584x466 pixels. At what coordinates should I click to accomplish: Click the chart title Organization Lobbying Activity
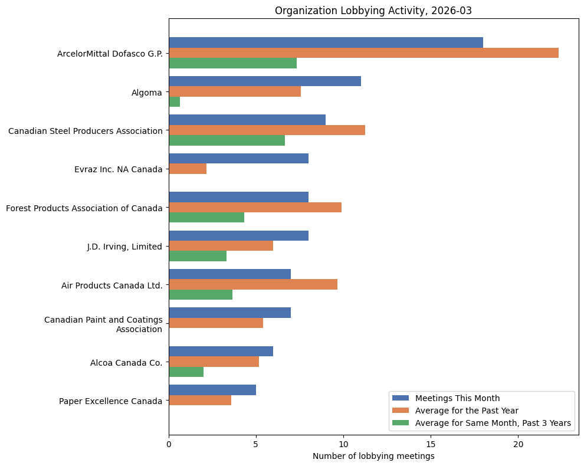[x=373, y=11]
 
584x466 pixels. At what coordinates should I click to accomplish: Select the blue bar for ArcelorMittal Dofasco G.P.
[x=326, y=42]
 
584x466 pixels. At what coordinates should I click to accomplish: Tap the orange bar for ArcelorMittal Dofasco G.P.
[x=363, y=53]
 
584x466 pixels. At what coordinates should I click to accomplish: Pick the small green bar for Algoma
[x=174, y=102]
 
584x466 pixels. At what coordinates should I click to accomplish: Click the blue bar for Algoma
[x=265, y=81]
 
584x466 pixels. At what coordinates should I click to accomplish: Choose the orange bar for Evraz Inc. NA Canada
[x=188, y=169]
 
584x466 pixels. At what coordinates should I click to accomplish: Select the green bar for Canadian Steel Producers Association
[x=227, y=140]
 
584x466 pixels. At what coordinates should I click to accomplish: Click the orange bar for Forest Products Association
[x=255, y=208]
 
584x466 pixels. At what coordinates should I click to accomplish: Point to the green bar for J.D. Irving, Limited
[x=198, y=256]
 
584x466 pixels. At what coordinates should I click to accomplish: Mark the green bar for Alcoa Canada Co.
[x=186, y=372]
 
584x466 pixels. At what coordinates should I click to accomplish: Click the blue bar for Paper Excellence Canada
[x=212, y=390]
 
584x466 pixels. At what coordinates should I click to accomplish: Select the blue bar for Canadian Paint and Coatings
[x=229, y=313]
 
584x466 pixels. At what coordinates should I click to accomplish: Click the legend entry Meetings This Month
[x=457, y=398]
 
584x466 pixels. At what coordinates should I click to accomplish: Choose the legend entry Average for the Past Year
[x=465, y=410]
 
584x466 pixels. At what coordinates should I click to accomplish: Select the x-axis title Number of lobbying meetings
[x=373, y=456]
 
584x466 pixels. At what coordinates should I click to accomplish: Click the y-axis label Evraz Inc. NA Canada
[x=118, y=169]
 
